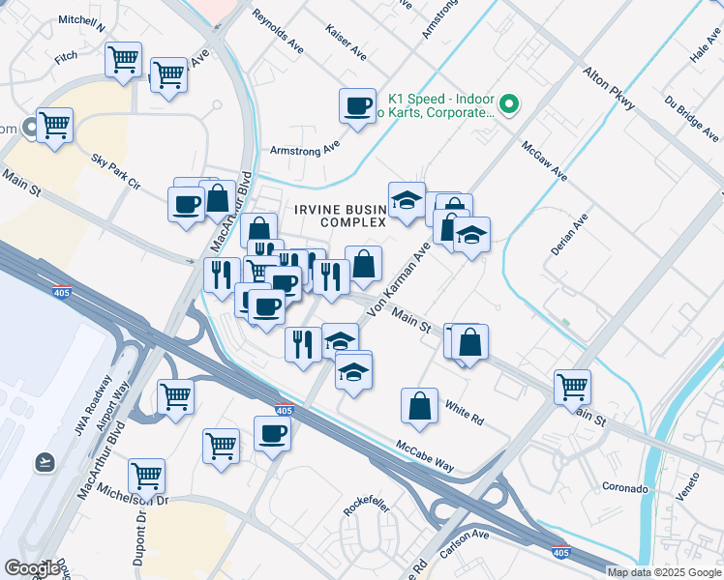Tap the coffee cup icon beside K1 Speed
pos(357,104)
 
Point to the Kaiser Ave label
pos(346,41)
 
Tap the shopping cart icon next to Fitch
pos(123,60)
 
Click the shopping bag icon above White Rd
pos(421,407)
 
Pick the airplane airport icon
pos(44,462)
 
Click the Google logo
pos(33,567)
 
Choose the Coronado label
pos(624,488)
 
